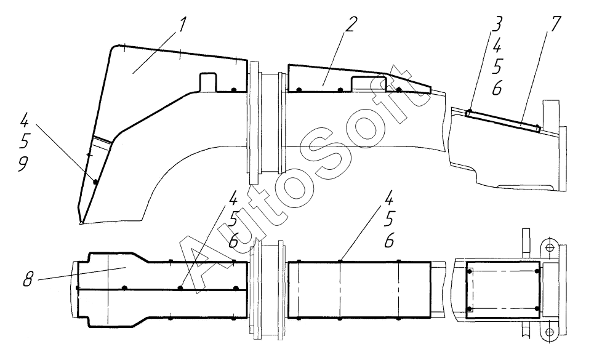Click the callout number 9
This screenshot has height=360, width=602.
pos(23,164)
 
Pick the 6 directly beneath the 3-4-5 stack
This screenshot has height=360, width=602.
pos(496,89)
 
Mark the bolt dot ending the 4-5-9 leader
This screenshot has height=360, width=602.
pos(94,181)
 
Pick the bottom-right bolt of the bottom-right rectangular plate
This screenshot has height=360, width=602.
pos(537,308)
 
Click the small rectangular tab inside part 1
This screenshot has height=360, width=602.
pos(209,81)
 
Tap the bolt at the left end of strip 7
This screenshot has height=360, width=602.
pos(469,113)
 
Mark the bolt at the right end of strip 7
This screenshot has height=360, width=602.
pos(539,129)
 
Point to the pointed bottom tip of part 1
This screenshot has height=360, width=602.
pos(81,222)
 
